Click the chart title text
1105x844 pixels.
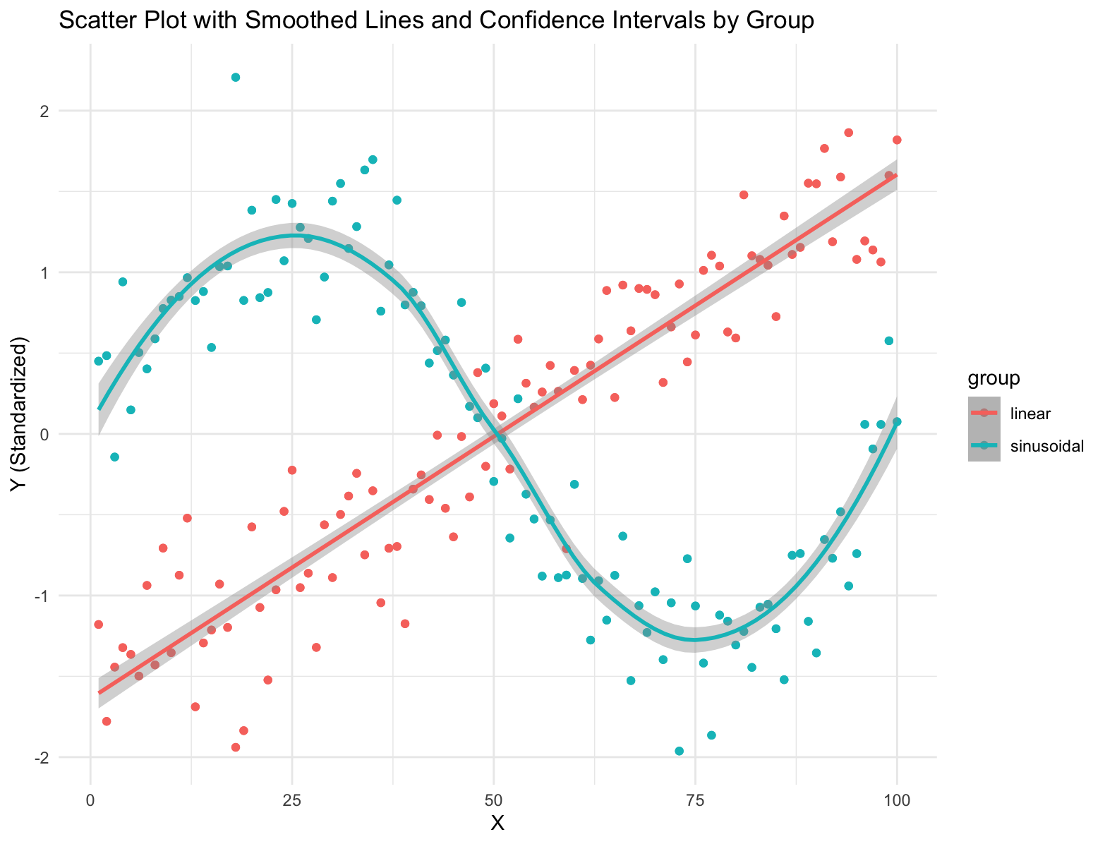(436, 20)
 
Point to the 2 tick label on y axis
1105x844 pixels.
(72, 111)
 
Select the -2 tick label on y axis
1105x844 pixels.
(69, 757)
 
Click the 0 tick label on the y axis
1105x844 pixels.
(72, 434)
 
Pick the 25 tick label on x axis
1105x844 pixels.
(292, 801)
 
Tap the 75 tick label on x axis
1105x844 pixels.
(695, 801)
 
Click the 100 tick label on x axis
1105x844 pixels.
(896, 801)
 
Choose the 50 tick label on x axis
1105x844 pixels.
(493, 801)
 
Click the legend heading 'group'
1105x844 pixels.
(994, 379)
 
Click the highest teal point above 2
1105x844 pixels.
(236, 78)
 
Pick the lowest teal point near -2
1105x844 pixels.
(680, 751)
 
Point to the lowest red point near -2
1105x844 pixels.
(236, 747)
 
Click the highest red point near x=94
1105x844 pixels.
(849, 133)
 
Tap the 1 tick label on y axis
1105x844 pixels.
(72, 272)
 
